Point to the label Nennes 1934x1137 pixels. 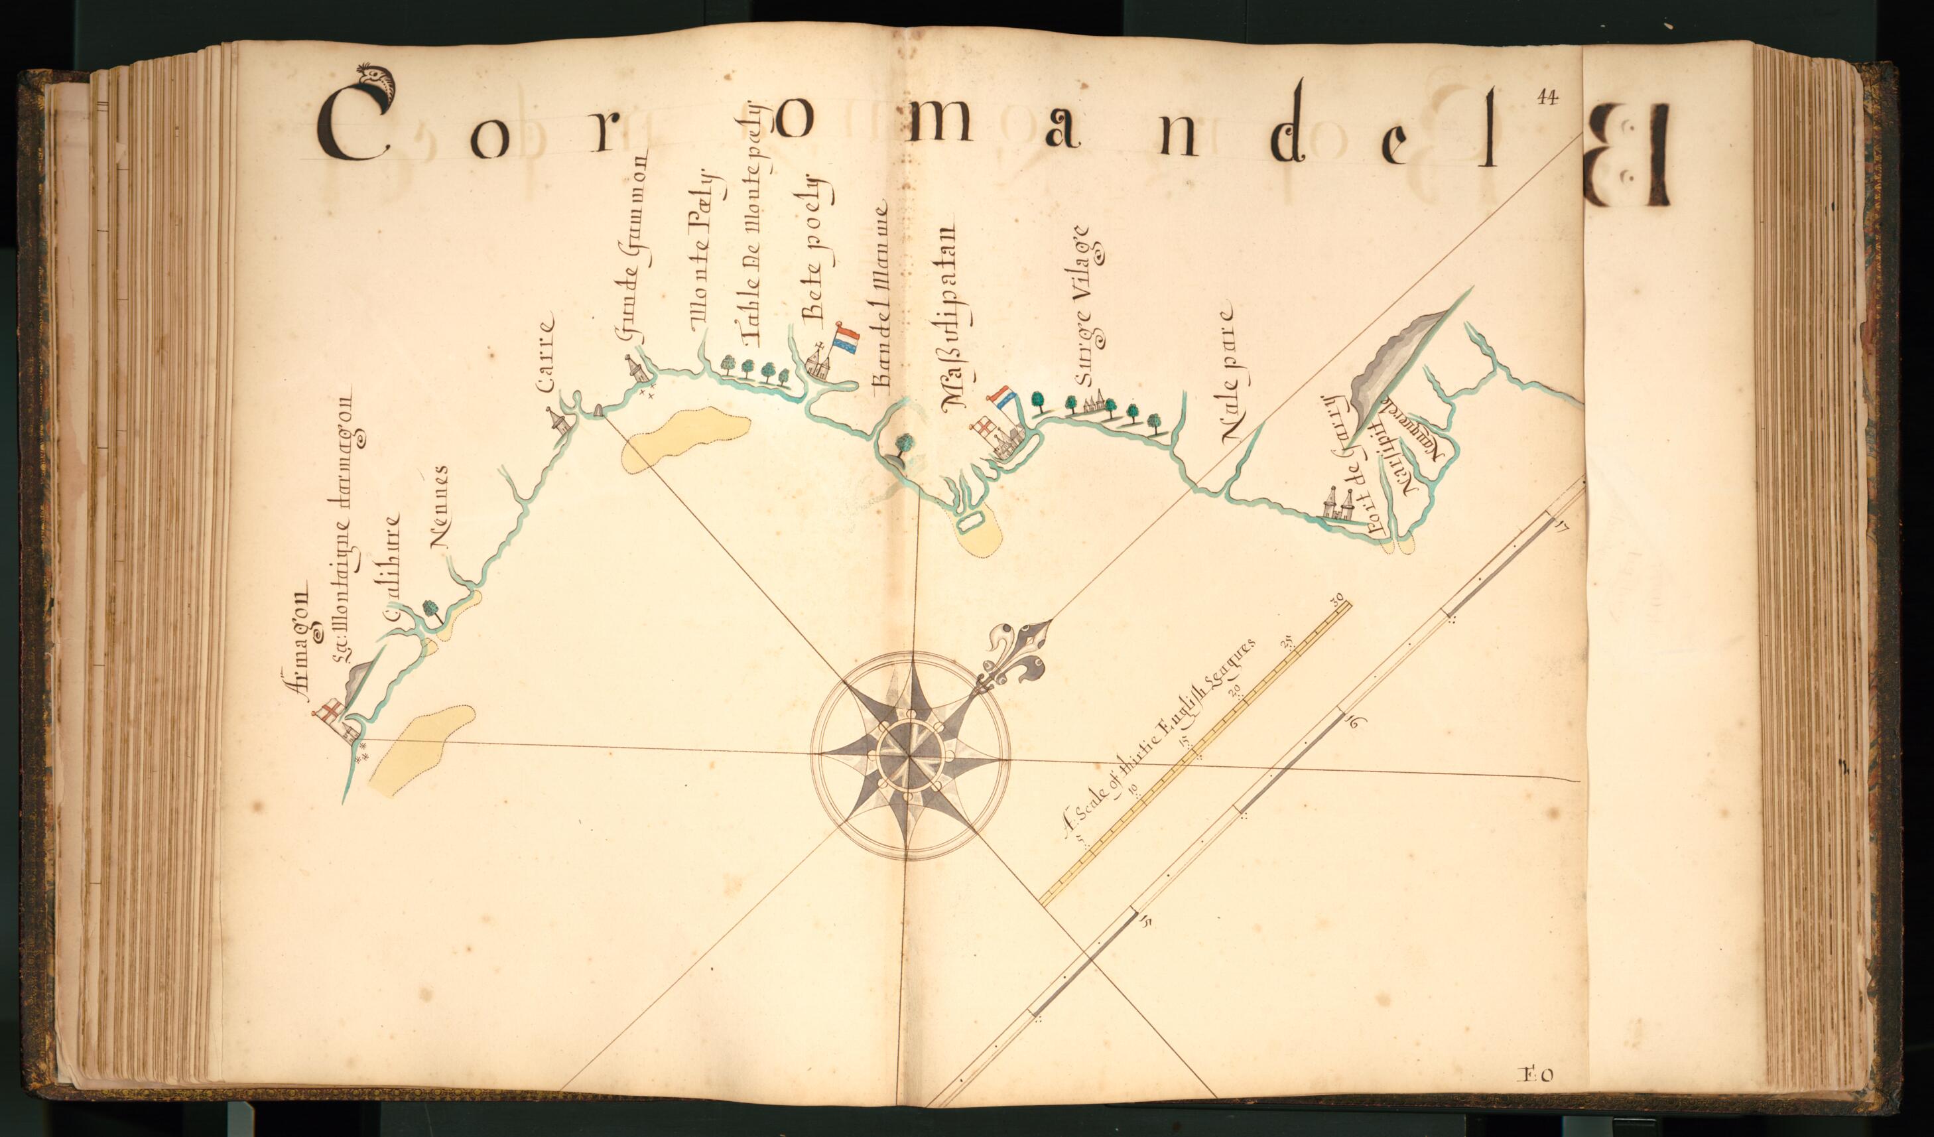point(440,507)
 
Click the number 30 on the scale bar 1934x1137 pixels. point(1339,599)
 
